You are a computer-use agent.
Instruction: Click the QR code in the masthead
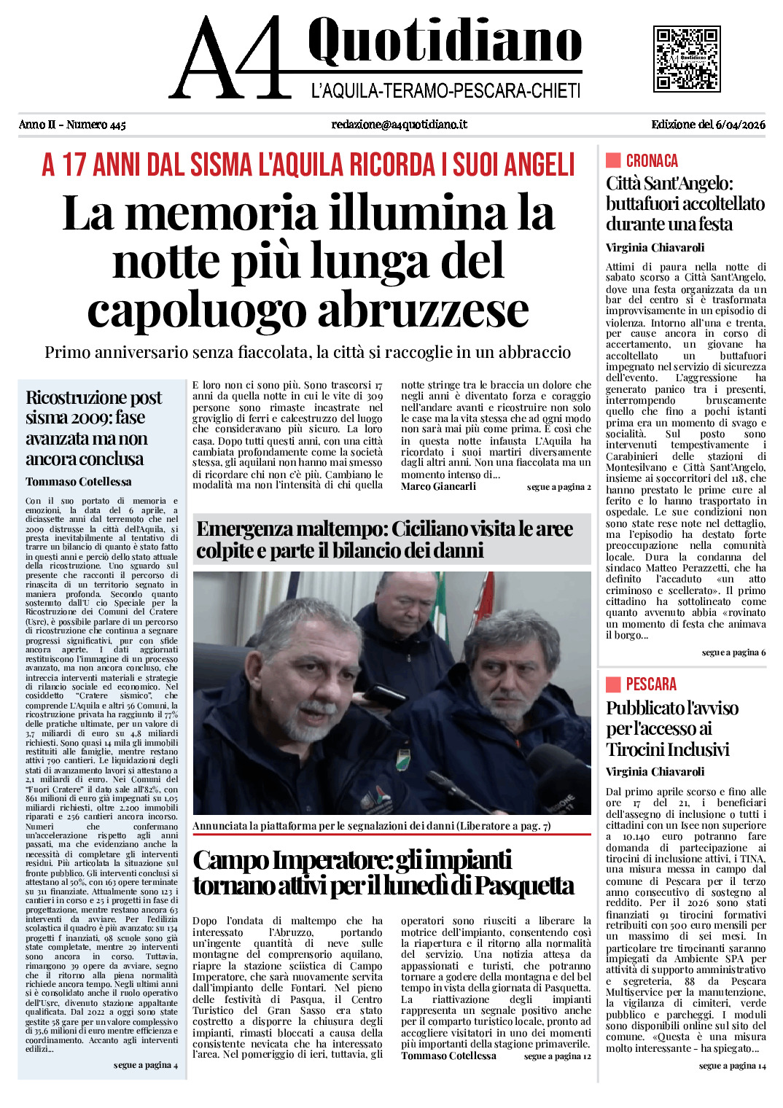pos(687,58)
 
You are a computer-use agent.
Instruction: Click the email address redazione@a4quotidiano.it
pos(399,125)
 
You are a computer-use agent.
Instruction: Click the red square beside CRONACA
pos(613,160)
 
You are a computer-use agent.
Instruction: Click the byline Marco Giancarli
pos(438,486)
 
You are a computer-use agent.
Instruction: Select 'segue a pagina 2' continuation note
pos(558,487)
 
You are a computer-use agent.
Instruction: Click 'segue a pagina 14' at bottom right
pos(732,1066)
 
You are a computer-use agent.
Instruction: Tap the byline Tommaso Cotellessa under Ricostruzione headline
pos(79,482)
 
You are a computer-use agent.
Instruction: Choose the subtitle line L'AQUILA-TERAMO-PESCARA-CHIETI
pos(445,91)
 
